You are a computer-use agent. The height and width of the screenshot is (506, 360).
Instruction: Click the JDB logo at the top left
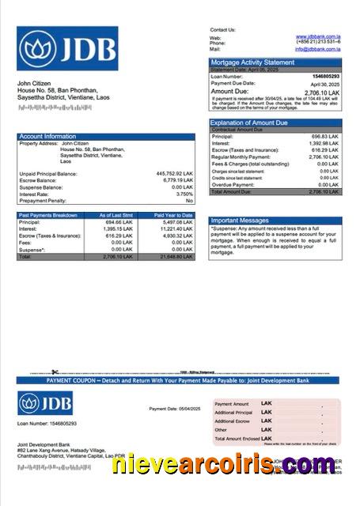56,49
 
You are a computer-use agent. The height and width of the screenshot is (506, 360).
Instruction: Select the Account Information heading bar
106,136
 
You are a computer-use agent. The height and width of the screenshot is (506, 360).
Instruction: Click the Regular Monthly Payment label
238,157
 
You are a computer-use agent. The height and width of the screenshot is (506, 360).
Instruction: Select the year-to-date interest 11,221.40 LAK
176,229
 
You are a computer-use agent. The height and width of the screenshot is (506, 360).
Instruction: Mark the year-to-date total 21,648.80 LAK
176,257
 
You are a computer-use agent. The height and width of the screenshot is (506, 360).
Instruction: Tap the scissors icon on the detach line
55,372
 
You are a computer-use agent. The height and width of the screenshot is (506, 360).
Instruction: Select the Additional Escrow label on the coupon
233,421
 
